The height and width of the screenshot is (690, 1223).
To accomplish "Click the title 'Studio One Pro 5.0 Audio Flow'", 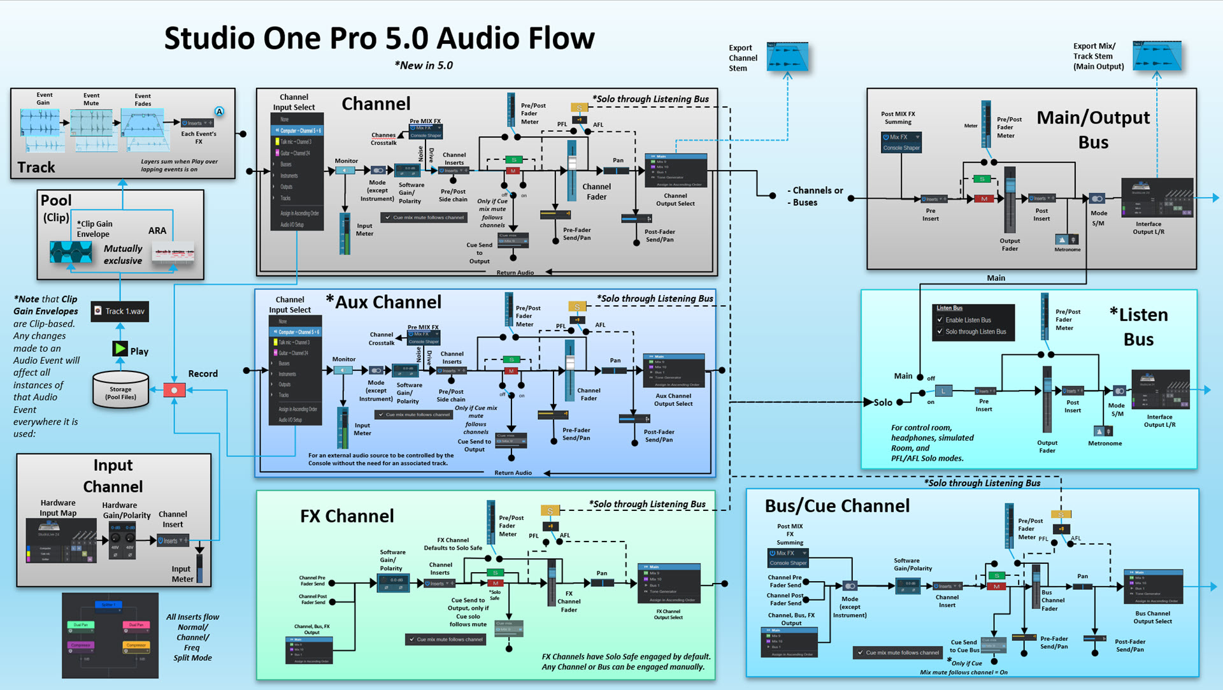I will [379, 38].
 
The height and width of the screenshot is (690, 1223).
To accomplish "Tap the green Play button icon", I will [120, 349].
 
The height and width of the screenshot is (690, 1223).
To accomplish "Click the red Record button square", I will [174, 390].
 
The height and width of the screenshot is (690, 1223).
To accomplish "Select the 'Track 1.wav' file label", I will [120, 311].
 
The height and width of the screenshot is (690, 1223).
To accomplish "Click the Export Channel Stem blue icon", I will [787, 57].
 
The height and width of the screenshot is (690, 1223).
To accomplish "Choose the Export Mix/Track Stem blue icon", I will [1157, 56].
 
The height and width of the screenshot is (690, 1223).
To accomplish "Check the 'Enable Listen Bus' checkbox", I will [940, 320].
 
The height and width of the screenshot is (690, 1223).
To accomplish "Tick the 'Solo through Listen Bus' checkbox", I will [940, 331].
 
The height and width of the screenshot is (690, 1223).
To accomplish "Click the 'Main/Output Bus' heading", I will [1093, 129].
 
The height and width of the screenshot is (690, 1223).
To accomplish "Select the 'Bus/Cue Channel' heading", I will [837, 506].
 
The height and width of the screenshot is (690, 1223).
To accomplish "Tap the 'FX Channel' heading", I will [347, 516].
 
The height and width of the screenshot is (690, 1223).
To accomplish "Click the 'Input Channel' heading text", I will [113, 476].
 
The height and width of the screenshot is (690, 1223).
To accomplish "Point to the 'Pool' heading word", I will [56, 200].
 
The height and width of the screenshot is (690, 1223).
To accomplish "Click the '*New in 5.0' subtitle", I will [424, 66].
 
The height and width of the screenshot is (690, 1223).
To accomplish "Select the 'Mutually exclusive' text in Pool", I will [123, 254].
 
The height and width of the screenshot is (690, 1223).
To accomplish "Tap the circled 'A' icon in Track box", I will [219, 111].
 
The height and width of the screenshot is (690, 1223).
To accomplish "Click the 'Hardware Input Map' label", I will [58, 508].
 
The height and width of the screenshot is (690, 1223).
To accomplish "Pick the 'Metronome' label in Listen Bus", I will [1105, 443].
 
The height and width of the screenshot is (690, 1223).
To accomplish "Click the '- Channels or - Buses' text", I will [815, 196].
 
